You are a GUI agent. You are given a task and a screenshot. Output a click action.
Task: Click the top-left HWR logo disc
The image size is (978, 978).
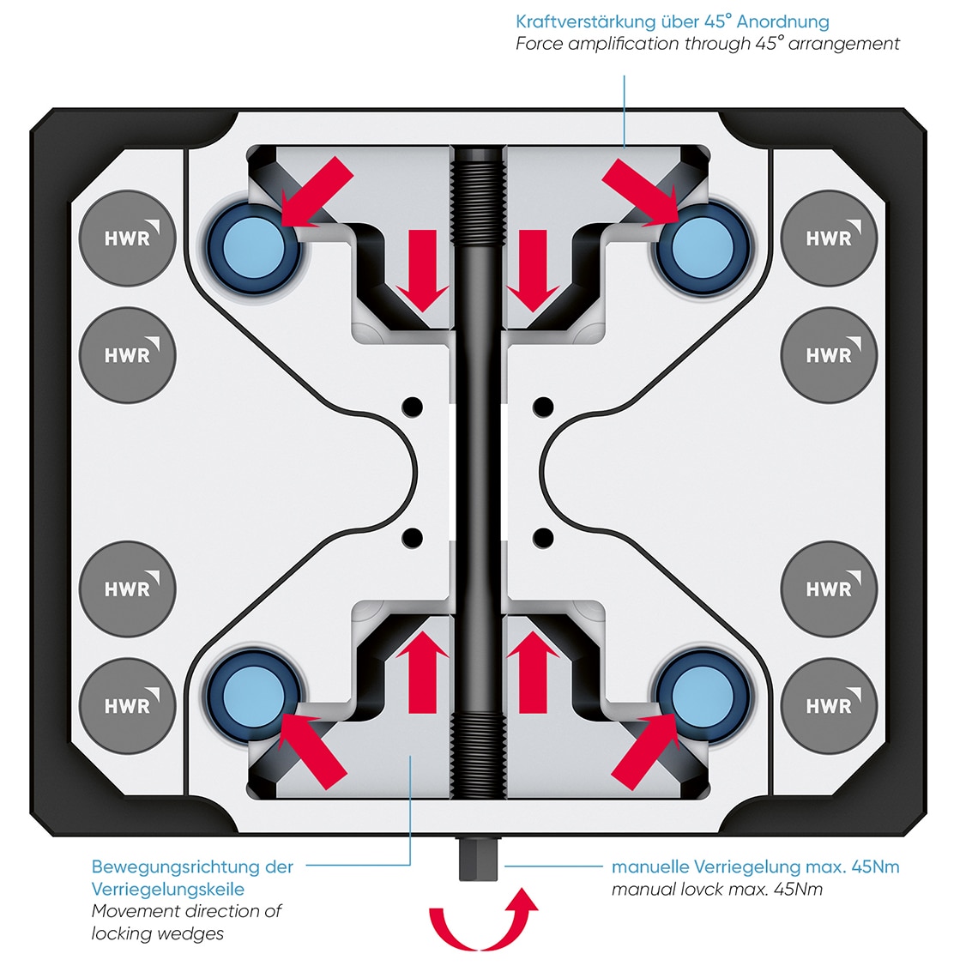[x=127, y=238]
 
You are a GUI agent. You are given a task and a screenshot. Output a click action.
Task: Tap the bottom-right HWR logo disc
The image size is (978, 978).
[x=829, y=705]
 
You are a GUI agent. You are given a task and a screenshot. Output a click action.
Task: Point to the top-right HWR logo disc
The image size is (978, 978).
[x=829, y=238]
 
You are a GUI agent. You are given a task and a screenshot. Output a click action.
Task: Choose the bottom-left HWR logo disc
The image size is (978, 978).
[x=127, y=705]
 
